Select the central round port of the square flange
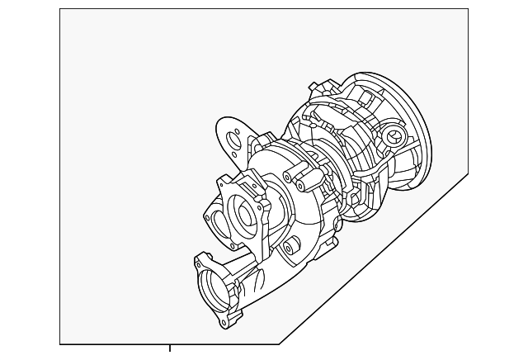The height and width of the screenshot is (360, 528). (x=245, y=214)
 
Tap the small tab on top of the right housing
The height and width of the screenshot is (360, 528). (x=313, y=88)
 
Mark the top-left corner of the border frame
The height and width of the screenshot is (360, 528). (x=60, y=9)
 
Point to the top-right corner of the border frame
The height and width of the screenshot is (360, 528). (x=469, y=9)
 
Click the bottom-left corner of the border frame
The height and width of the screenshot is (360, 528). (x=60, y=343)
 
